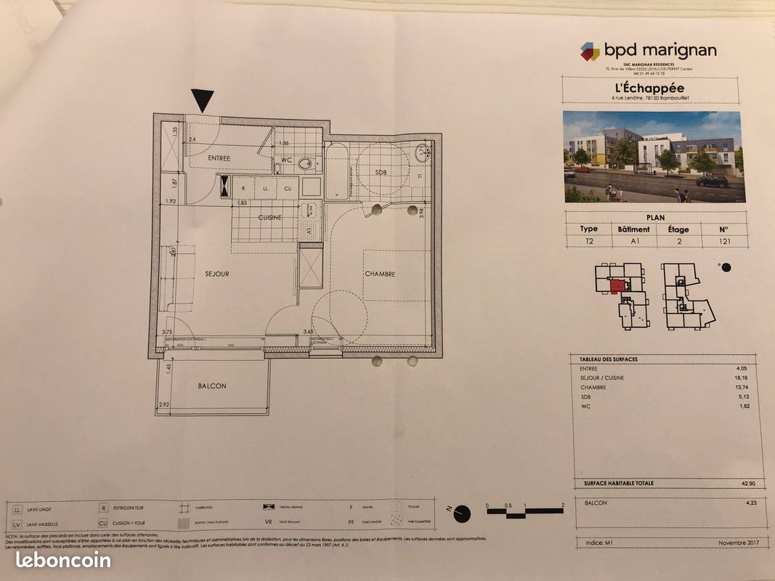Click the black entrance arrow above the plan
203,99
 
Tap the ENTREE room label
219,158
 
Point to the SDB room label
381,172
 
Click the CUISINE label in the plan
269,217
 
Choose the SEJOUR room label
216,274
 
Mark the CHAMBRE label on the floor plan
380,274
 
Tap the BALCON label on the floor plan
212,386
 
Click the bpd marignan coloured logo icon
590,51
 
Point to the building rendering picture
654,157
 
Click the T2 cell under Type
588,241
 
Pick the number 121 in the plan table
722,241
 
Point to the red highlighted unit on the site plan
618,286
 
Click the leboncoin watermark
63,560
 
